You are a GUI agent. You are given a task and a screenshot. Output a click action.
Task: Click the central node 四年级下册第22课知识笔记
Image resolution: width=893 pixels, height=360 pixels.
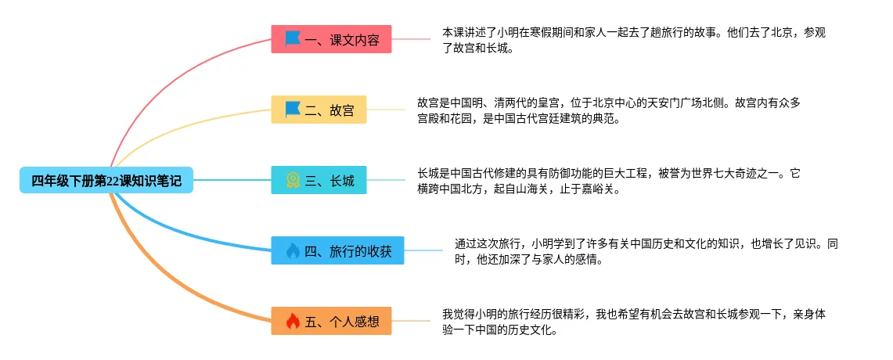point(106,181)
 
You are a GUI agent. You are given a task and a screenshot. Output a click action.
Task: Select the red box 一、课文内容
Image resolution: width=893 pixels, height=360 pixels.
point(331,39)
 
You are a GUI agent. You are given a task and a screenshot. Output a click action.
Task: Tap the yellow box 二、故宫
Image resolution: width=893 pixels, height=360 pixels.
point(319,110)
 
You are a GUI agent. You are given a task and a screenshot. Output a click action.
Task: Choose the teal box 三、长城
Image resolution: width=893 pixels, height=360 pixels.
point(319,181)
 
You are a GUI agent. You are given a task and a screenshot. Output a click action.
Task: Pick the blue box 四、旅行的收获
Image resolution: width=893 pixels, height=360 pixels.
point(337,250)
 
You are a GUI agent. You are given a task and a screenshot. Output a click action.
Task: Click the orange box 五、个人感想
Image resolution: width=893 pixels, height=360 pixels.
point(331,321)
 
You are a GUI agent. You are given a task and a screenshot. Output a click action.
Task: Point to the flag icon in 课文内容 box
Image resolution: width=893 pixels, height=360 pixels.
point(293,38)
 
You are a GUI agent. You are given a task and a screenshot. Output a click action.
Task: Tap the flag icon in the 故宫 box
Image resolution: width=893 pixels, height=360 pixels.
point(293,110)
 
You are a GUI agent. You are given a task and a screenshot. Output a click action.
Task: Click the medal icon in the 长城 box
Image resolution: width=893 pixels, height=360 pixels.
point(293,181)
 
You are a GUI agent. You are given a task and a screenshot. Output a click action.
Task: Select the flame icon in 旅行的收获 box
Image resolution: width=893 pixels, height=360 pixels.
point(293,250)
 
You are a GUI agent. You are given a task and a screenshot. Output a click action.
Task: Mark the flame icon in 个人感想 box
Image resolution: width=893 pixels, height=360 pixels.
point(293,321)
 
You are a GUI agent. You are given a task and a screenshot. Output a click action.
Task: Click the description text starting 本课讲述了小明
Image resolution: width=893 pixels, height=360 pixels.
point(634,40)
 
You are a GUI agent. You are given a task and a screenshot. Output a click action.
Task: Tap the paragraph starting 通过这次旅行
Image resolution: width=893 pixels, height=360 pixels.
point(646,251)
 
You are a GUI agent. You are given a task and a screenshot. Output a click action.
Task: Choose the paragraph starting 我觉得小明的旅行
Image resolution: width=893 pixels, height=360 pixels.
point(634,322)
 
